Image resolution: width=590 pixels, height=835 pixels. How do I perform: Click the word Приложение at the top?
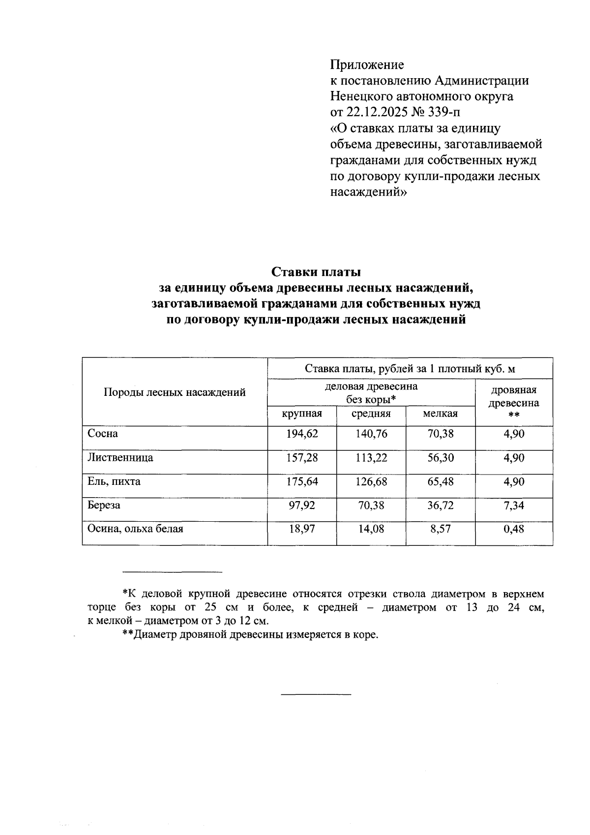[367, 65]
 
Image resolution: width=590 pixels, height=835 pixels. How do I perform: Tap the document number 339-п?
[446, 112]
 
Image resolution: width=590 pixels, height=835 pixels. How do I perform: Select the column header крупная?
[302, 414]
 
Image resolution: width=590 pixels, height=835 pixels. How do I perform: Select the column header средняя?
[371, 414]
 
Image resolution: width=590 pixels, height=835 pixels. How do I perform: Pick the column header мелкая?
[440, 414]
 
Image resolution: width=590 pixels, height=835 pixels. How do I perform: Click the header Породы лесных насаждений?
[175, 392]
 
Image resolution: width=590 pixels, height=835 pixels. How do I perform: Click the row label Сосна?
[102, 434]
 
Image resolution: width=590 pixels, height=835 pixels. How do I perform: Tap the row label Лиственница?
[120, 458]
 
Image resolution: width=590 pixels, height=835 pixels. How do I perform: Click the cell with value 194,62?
[302, 434]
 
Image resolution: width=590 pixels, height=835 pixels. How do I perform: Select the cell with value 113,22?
[371, 458]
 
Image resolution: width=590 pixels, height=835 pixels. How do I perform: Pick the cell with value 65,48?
[440, 481]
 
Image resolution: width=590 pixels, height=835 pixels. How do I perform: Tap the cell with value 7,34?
[514, 506]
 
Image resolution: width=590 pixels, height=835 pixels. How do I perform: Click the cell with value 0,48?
[514, 529]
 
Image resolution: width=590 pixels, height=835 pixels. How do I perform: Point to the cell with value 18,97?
[302, 529]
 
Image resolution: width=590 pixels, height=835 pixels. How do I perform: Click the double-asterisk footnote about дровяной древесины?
[251, 634]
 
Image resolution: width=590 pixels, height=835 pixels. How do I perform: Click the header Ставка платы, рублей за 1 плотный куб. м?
[410, 369]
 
